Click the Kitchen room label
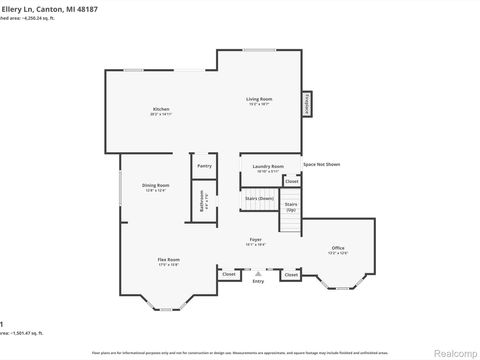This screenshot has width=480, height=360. click(160, 108)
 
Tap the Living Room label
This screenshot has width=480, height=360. click(260, 98)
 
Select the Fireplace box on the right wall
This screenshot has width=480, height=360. click(307, 102)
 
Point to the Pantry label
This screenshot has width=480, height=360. click(204, 166)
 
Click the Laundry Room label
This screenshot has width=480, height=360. click(269, 166)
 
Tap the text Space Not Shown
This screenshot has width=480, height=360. click(321, 163)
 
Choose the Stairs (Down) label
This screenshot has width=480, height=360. click(259, 198)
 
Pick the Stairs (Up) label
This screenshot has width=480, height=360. click(291, 207)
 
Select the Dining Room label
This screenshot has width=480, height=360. click(155, 185)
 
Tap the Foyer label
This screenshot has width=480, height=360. click(256, 240)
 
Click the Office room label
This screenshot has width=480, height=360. click(338, 248)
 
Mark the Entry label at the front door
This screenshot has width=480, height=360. click(258, 282)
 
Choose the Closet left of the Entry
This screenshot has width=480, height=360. click(229, 273)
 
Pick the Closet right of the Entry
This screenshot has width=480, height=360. click(290, 273)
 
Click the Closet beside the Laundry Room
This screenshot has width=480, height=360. click(291, 181)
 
